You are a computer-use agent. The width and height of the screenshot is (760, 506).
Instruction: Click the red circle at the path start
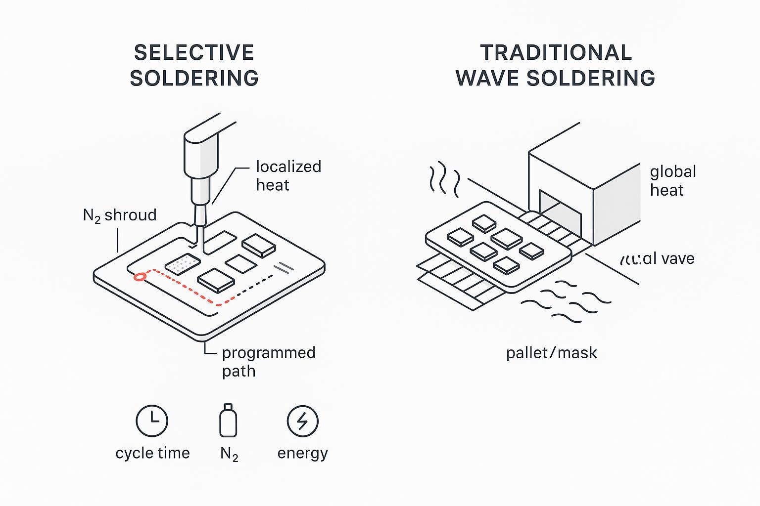tap(141, 277)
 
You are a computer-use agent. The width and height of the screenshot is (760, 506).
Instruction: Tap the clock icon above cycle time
tap(152, 421)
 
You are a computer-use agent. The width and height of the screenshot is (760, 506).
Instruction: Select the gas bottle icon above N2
tap(228, 421)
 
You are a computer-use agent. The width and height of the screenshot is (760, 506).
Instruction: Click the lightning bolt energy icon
tap(302, 421)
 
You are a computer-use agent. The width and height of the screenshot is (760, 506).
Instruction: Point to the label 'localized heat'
tap(288, 175)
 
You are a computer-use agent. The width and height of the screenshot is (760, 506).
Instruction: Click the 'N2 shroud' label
tap(120, 215)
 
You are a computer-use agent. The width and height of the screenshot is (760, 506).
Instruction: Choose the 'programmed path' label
tap(268, 361)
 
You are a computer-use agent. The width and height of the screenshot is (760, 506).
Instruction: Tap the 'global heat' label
tap(673, 180)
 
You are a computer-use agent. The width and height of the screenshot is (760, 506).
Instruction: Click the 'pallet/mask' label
tap(551, 353)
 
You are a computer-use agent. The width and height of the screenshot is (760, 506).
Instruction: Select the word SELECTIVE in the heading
tap(194, 53)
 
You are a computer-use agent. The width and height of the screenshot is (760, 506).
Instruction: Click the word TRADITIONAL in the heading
tap(556, 53)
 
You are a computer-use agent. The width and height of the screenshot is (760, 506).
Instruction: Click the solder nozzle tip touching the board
tap(199, 232)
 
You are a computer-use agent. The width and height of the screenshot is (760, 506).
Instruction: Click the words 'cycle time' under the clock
tap(152, 453)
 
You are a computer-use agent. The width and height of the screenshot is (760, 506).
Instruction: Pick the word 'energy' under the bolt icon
tap(302, 453)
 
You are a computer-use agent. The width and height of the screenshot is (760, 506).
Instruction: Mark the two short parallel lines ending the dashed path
tap(286, 267)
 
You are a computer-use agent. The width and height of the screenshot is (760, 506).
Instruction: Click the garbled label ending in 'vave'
tap(657, 258)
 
